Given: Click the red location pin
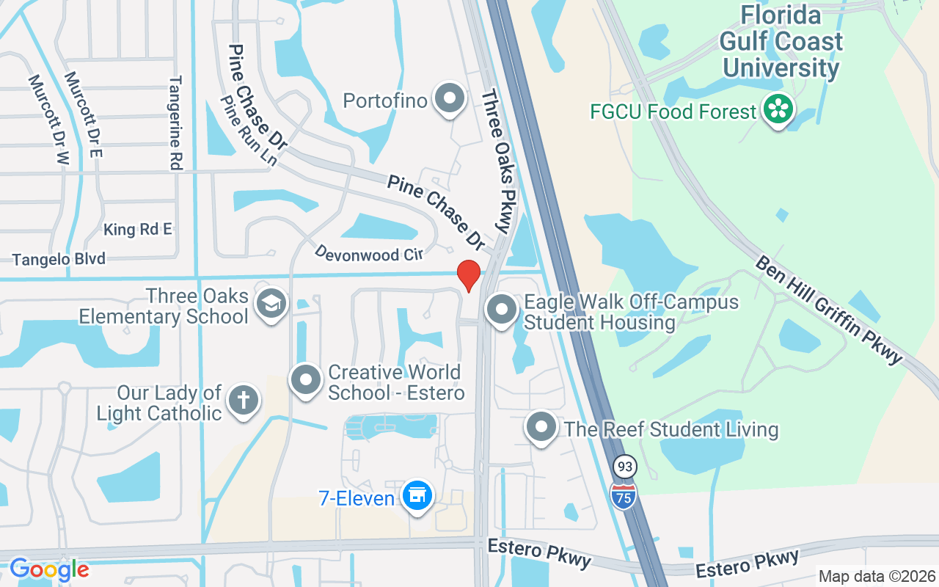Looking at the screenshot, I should pos(469,275).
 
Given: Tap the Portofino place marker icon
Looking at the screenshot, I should pos(450,99).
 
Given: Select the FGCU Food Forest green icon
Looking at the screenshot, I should pos(776,110).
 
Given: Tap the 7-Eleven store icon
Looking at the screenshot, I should pos(417,496).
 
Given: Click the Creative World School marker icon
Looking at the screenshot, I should pos(306,380).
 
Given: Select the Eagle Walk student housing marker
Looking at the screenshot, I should pos(502,310).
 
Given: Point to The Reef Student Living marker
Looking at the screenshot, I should pos(541,426).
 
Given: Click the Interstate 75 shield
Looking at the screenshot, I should pos(624,496).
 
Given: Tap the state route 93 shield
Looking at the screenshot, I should pos(624,467).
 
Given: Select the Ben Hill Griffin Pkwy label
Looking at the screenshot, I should pos(828,310).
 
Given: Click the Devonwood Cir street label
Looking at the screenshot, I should pos(368,253).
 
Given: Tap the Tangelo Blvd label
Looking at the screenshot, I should pos(59,259).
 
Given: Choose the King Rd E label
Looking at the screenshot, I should pos(137,230).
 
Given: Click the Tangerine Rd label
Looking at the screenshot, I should pos(175,123).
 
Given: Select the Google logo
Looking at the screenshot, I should pos(49,569).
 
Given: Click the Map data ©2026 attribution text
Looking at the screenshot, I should pos(877,576).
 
